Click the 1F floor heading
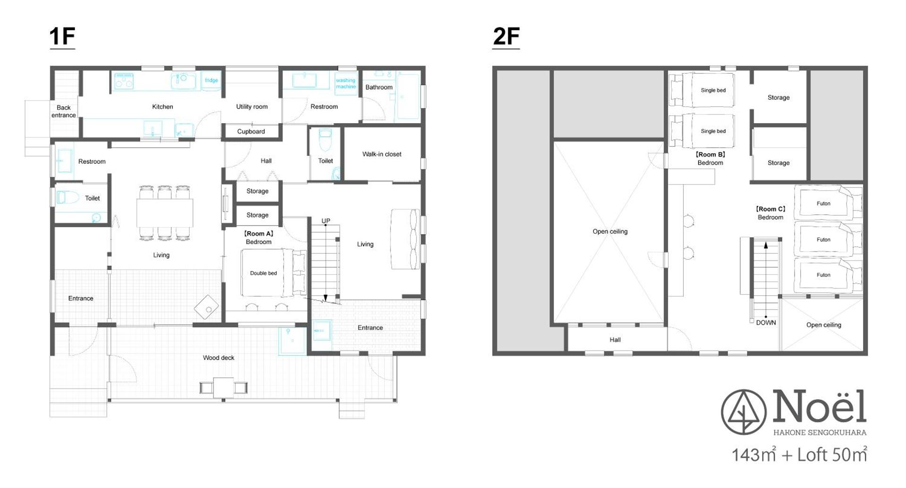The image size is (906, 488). (62, 37)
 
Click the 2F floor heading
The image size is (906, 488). (506, 37)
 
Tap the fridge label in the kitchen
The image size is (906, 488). (211, 80)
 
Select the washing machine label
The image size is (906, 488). (346, 84)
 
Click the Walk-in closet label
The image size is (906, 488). (382, 154)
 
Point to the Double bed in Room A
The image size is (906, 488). (263, 273)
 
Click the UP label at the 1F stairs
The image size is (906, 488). (326, 221)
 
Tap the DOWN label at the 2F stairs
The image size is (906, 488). (766, 323)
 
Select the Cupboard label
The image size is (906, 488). (251, 132)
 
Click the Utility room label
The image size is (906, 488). (252, 107)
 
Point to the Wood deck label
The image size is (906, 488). (218, 358)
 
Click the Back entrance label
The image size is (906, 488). (64, 111)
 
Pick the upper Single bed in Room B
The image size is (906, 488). (713, 90)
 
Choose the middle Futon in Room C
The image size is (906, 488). (823, 240)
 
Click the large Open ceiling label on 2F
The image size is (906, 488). (610, 232)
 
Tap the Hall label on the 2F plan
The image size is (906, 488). (615, 340)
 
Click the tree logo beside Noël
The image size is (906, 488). (744, 412)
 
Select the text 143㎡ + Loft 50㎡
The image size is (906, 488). (799, 454)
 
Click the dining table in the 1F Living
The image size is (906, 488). (165, 213)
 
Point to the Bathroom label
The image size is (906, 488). (379, 87)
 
